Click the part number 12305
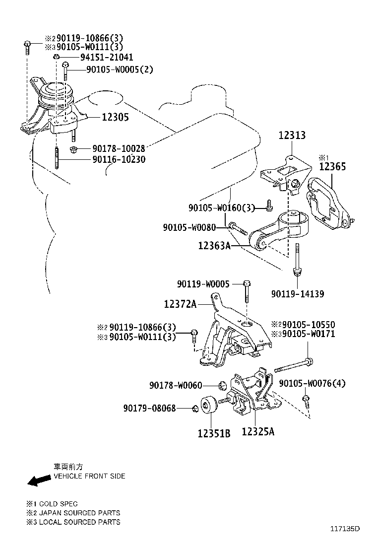(x=115, y=117)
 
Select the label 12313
(x=292, y=135)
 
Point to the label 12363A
(x=215, y=245)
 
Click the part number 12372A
(x=181, y=304)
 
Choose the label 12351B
(x=214, y=433)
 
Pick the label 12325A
(x=258, y=432)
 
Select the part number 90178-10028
(x=118, y=149)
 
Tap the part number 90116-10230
(x=118, y=160)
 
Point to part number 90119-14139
(x=298, y=294)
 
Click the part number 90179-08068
(x=150, y=408)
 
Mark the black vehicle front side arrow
(x=39, y=480)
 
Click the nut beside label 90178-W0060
(x=223, y=385)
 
